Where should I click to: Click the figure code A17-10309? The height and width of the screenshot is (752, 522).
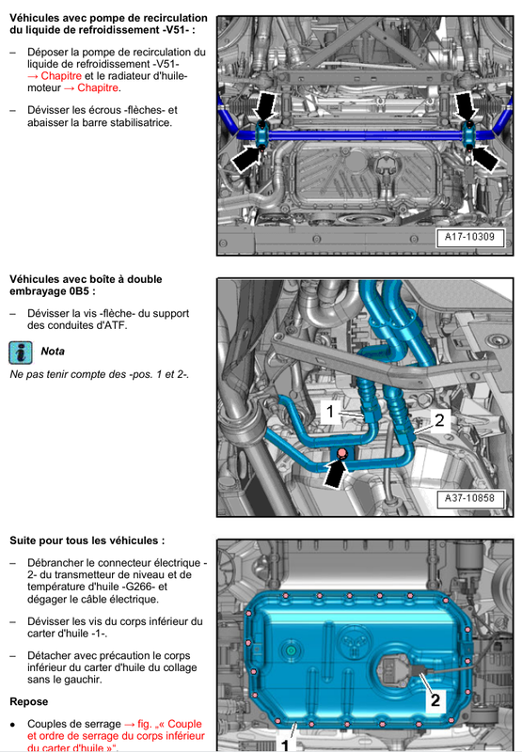tap(469, 237)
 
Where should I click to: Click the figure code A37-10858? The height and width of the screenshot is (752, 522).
tap(469, 498)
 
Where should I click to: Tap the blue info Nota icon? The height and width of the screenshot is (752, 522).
tap(21, 352)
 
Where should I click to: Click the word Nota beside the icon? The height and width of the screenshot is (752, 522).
tap(53, 352)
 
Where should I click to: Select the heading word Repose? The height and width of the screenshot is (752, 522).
tap(29, 701)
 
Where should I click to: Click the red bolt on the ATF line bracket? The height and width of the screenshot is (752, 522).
tap(341, 453)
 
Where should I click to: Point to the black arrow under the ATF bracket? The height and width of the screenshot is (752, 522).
tap(336, 473)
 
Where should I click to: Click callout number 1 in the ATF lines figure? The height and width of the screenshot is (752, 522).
tap(330, 412)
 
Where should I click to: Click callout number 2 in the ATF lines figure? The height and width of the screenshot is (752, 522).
tap(439, 420)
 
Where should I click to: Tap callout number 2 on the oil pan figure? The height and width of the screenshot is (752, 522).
tap(435, 699)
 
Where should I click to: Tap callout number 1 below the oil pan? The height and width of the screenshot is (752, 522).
tap(285, 744)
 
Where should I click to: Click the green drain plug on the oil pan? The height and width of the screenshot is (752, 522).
tap(291, 650)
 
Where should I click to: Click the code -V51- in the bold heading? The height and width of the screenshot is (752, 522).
tap(175, 30)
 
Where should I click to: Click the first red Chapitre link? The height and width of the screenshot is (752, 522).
tap(61, 76)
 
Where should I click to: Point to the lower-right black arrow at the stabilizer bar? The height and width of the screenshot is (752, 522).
tap(484, 158)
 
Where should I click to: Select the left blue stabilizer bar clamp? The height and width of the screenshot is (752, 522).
tap(262, 134)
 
